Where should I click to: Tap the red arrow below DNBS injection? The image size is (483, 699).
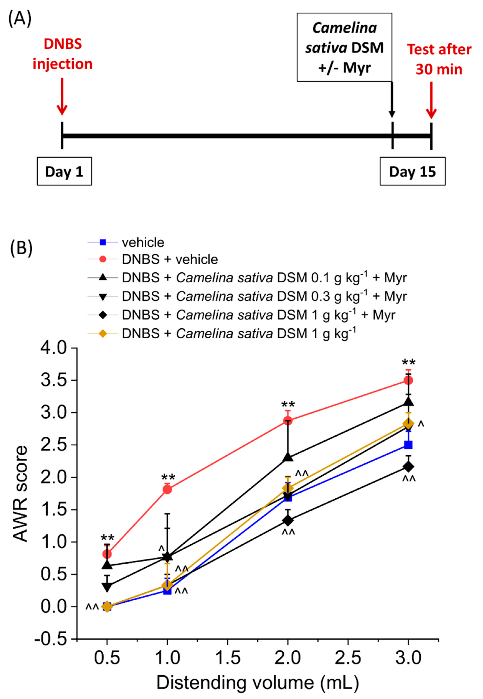click(x=62, y=96)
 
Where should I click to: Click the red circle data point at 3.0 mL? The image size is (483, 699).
click(x=408, y=380)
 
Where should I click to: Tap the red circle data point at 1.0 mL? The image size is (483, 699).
click(x=167, y=489)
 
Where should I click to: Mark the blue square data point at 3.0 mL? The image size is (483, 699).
click(x=408, y=445)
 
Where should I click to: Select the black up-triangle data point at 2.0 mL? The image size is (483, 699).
click(x=288, y=457)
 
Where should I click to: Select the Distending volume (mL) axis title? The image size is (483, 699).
click(x=257, y=683)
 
